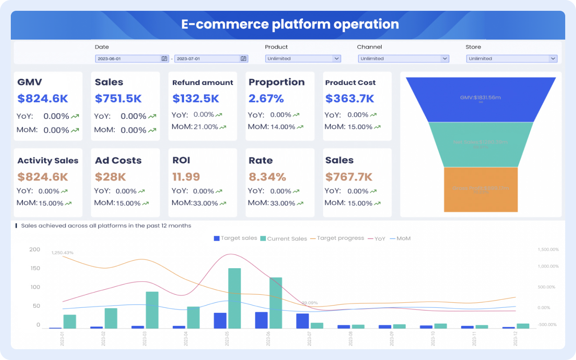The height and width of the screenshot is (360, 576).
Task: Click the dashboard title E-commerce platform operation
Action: point(290,24)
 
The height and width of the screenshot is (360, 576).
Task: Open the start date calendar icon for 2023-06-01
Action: point(164,58)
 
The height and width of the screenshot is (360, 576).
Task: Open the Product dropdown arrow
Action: point(336,58)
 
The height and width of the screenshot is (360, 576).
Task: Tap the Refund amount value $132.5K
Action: point(196,99)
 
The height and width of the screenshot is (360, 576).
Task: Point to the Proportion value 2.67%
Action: point(266,99)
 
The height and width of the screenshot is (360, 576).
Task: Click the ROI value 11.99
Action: point(186,177)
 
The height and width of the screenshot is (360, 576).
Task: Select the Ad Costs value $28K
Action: point(110,177)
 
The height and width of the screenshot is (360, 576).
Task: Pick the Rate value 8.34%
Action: point(267,177)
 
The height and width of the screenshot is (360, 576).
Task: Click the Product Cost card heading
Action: point(350,83)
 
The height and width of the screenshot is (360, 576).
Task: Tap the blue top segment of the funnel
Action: point(481,99)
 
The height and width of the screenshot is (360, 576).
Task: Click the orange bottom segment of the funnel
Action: point(481,189)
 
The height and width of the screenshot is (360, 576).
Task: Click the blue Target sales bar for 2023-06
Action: point(261,320)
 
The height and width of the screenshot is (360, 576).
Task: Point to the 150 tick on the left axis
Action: point(35,268)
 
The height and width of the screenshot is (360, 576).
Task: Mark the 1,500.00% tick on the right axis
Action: point(548,249)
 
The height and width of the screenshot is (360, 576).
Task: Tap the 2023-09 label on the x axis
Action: point(392,338)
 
